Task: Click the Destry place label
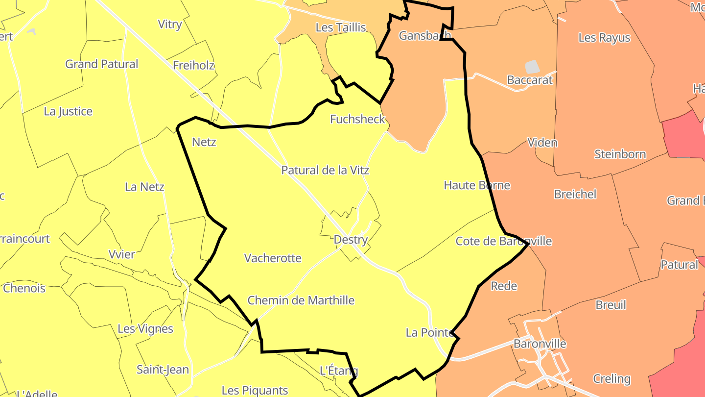(351, 240)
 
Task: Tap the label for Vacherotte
(273, 258)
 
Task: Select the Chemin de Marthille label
(301, 300)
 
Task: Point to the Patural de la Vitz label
(325, 171)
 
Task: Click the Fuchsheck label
(358, 119)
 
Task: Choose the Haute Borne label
(477, 185)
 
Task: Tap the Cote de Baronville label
(503, 241)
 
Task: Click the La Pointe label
(429, 333)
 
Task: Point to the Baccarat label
(530, 80)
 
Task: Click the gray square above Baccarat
(532, 67)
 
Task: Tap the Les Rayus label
(604, 38)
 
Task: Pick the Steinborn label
(620, 154)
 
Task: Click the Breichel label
(575, 194)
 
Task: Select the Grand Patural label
(102, 64)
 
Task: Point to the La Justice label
(68, 111)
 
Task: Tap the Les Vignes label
(145, 329)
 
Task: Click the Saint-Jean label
(163, 370)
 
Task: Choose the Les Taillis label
(341, 27)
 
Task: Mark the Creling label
(611, 379)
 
